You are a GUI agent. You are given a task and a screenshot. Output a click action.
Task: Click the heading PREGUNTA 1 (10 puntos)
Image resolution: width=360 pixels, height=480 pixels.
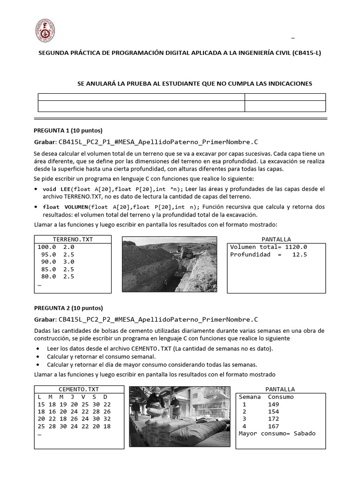[68, 130]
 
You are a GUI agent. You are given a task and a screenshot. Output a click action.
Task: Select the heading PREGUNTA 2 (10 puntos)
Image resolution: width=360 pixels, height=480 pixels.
[68, 308]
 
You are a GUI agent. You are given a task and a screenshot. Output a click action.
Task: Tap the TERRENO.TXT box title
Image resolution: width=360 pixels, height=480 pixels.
[73, 239]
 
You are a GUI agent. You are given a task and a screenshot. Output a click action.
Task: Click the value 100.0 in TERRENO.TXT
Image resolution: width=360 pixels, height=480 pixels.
[46, 247]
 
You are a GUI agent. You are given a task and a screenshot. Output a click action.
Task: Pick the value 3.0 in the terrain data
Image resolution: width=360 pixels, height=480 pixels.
[68, 262]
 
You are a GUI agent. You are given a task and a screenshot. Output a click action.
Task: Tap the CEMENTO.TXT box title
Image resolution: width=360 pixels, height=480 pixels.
[79, 389]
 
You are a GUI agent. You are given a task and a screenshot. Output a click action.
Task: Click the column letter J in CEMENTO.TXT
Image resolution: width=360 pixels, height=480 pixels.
[73, 397]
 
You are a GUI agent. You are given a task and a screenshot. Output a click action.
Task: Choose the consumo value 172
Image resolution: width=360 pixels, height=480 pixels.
[273, 418]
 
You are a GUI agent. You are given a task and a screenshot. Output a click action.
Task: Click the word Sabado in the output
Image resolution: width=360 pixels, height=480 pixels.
[304, 433]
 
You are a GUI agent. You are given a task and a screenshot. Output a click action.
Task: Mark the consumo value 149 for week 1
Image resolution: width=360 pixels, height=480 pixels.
[273, 404]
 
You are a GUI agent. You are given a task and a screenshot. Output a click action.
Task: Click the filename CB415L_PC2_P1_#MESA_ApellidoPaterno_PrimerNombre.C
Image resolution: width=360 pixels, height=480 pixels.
[158, 142]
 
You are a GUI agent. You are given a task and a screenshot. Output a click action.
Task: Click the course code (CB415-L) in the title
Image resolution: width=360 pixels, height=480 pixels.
[307, 53]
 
